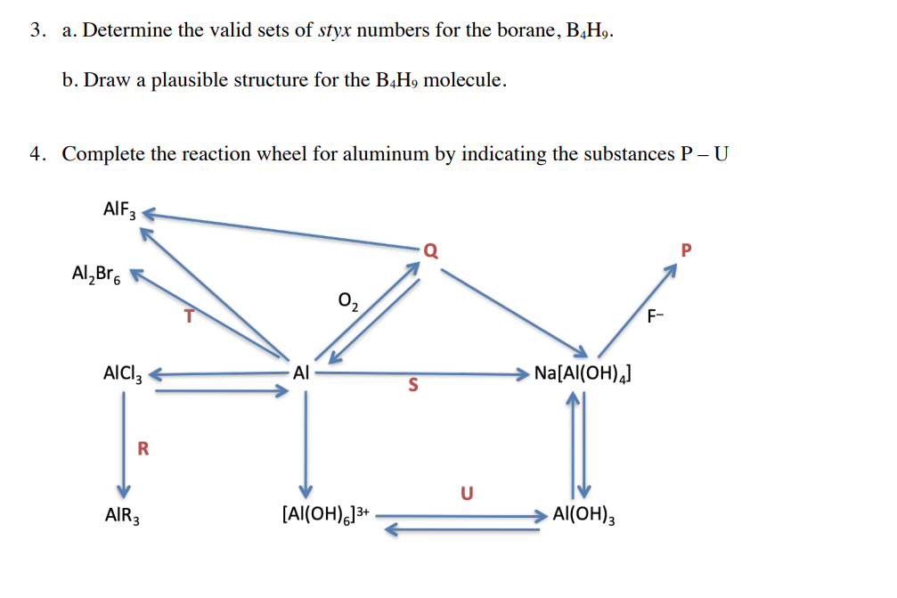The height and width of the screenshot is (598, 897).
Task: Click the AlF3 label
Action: click(x=119, y=211)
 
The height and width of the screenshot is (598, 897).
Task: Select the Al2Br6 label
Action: click(x=97, y=274)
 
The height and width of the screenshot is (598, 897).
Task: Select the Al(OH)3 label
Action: click(x=583, y=514)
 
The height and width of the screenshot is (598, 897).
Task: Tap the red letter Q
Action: click(x=430, y=250)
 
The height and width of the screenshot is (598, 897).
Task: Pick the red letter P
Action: click(x=685, y=251)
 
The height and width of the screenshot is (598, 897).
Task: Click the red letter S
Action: click(x=413, y=386)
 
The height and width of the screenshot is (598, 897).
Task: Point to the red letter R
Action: click(x=143, y=448)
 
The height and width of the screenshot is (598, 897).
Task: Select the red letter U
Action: click(x=467, y=492)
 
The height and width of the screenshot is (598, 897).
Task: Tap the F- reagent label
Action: click(x=656, y=314)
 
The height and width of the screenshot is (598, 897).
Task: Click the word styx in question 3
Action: click(x=336, y=31)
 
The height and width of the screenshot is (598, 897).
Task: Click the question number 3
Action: click(x=36, y=31)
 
